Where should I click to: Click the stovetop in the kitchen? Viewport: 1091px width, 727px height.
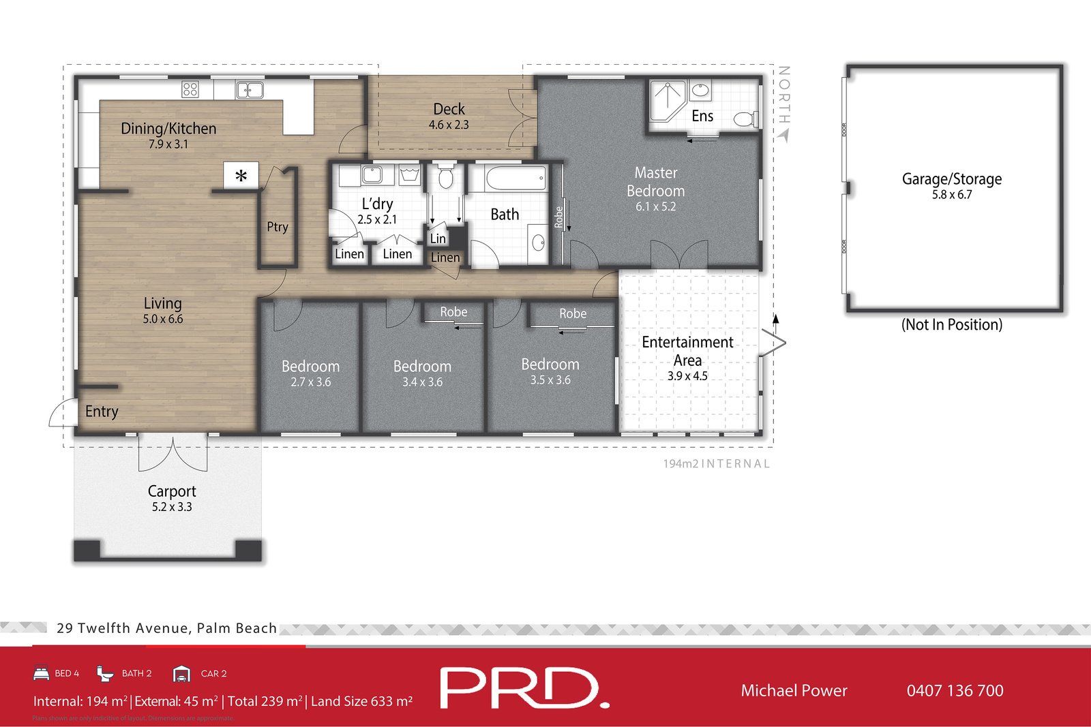click(190, 89)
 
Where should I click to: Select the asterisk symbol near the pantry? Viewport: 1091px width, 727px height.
click(241, 176)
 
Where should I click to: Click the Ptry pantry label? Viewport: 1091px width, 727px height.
click(278, 227)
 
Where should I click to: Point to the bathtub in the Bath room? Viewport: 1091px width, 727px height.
click(515, 179)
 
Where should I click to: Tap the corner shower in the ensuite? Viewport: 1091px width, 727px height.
click(666, 99)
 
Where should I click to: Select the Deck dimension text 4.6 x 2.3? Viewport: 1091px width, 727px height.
click(449, 125)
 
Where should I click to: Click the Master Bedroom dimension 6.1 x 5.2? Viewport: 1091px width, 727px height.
click(656, 206)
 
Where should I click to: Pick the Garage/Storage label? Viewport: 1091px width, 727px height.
click(952, 179)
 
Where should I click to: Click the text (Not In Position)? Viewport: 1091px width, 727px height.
click(952, 324)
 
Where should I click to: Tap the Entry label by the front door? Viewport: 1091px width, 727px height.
click(102, 412)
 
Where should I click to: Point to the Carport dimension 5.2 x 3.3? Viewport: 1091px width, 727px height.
click(172, 507)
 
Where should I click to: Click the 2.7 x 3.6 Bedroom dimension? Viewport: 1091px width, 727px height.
click(311, 382)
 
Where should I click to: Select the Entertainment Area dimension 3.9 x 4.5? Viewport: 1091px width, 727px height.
click(687, 376)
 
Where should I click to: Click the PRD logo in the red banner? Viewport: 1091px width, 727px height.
click(524, 688)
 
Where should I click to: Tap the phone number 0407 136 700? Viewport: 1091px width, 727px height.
click(955, 691)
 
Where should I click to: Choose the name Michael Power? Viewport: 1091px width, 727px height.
click(794, 691)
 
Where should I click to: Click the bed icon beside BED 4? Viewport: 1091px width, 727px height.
click(42, 673)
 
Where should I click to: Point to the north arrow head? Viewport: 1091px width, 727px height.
click(783, 136)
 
